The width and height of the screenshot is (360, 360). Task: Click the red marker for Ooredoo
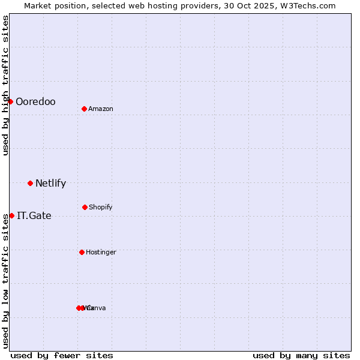pos(10,101)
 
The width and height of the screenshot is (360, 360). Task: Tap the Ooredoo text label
pos(35,102)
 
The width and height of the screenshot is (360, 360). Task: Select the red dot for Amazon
pos(84,109)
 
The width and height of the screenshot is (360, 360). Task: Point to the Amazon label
pos(101,109)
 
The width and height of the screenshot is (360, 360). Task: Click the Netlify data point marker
pos(30,183)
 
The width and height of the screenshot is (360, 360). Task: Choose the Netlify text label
pos(50,184)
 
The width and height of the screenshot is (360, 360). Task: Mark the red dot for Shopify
pos(85,207)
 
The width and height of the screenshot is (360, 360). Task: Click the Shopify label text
pos(101,208)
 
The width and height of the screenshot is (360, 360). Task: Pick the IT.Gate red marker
pos(11,215)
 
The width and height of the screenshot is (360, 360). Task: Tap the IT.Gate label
pos(34,216)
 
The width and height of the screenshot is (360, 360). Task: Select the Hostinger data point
pos(82,252)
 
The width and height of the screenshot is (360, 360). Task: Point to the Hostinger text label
pos(101,253)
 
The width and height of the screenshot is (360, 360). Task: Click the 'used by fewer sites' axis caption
pos(62,356)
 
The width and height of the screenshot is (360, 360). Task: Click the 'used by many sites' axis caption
pos(301,356)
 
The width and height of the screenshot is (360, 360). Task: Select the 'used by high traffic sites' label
pos(5,85)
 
